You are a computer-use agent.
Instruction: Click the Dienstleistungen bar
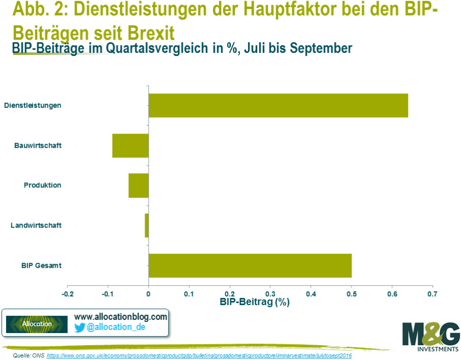tap(278, 105)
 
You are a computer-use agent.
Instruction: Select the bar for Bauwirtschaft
tap(130, 146)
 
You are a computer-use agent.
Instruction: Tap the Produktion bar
tap(139, 185)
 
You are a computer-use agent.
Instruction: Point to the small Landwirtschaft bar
tap(147, 225)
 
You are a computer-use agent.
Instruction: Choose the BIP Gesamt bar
tap(250, 265)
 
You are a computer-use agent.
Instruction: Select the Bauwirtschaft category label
tap(38, 146)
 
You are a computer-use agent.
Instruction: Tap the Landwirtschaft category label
tap(36, 225)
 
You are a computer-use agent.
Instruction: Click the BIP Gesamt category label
tap(41, 265)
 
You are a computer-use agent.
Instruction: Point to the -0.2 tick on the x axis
tap(68, 294)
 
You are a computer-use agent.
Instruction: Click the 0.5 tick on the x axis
tap(351, 294)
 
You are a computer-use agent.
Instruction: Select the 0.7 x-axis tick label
tap(432, 294)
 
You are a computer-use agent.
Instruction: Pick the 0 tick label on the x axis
tap(148, 294)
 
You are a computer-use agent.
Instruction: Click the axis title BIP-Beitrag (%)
tap(255, 302)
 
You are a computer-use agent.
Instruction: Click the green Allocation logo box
tap(37, 324)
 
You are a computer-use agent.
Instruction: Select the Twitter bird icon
tap(79, 327)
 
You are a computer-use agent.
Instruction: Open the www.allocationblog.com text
tap(121, 317)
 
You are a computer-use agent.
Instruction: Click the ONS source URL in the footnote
tap(199, 355)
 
